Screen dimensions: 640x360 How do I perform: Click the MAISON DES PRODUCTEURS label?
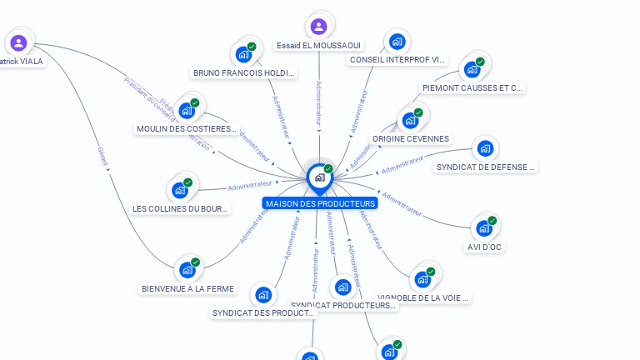tap(320, 203)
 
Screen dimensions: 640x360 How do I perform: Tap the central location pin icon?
tap(318, 177)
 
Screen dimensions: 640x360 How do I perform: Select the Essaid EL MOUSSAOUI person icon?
tap(318, 26)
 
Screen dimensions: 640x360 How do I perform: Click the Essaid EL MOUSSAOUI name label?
tap(318, 45)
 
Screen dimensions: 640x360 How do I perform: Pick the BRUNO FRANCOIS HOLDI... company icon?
tap(244, 54)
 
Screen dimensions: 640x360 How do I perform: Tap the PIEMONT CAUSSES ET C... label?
tap(472, 87)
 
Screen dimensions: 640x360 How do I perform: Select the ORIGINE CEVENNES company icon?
tap(410, 120)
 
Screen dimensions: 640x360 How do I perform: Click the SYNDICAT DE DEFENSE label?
tap(486, 167)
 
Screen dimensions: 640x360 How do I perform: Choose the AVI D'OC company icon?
tap(484, 227)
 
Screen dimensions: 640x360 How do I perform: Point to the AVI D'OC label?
tap(485, 247)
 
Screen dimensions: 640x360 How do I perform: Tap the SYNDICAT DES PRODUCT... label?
tap(263, 313)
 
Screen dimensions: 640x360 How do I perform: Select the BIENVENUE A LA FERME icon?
tap(187, 269)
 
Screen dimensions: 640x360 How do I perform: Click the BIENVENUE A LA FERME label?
tap(187, 289)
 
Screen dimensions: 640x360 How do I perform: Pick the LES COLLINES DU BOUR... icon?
tap(180, 189)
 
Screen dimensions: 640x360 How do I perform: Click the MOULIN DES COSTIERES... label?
tap(187, 128)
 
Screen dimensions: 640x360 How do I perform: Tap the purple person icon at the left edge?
tap(18, 42)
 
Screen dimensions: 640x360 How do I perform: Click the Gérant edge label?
tap(103, 153)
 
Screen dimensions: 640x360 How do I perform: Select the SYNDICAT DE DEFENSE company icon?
tap(485, 149)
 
